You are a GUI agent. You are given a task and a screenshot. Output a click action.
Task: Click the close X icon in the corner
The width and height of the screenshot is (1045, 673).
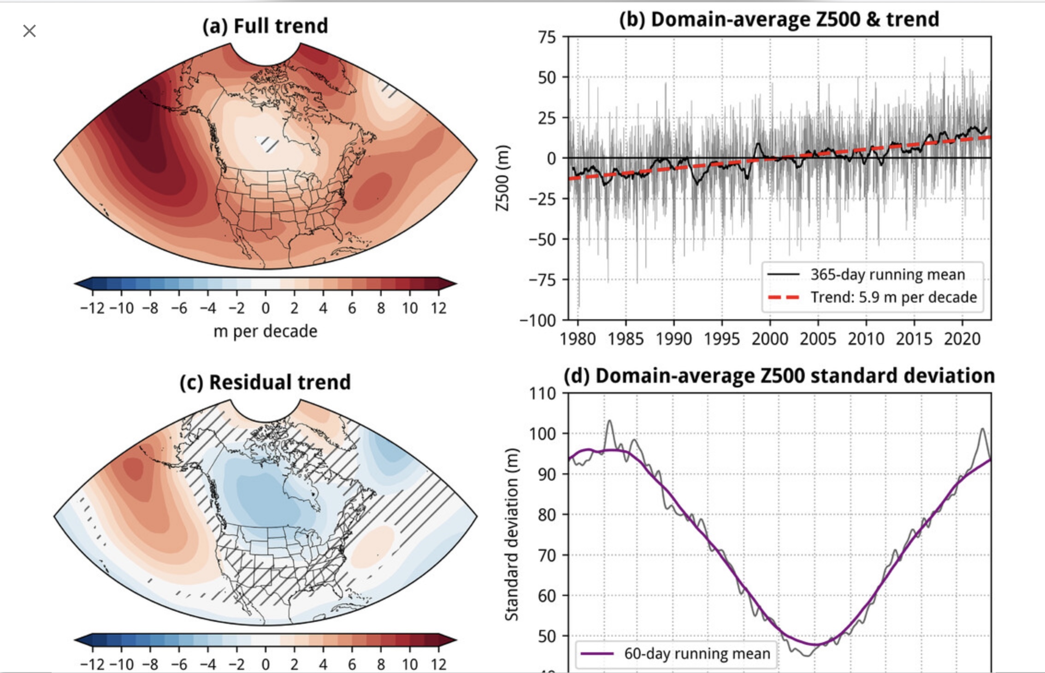[30, 31]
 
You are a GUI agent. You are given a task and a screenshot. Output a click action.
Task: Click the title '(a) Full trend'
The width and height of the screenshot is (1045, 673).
[265, 26]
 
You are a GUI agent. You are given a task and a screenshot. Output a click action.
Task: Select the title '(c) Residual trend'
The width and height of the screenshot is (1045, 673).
[265, 382]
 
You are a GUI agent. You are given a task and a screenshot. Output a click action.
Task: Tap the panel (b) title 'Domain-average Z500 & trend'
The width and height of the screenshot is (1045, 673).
[779, 19]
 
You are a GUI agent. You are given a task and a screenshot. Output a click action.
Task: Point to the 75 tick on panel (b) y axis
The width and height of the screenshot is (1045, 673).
[547, 37]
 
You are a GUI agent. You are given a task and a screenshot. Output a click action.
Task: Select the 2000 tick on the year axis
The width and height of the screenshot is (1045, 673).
[770, 339]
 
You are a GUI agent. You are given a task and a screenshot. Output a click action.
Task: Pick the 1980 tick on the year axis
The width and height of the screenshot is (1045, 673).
[578, 339]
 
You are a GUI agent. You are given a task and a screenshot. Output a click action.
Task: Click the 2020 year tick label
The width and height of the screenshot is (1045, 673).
[962, 339]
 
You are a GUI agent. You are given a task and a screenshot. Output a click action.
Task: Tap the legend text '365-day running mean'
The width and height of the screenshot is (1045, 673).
[887, 274]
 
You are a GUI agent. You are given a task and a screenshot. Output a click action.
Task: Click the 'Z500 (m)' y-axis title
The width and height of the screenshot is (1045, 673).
[503, 178]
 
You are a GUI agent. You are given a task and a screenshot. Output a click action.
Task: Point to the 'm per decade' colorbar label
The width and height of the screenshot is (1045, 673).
[265, 331]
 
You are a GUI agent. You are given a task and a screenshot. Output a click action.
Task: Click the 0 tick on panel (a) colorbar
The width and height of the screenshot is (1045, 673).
[266, 308]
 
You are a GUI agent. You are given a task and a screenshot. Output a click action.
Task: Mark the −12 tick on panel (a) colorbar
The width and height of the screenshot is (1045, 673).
[92, 308]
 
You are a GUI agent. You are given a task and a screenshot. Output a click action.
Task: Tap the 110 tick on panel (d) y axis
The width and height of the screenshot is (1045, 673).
[543, 393]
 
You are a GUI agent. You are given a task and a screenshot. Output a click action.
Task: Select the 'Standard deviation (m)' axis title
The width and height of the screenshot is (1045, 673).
[511, 535]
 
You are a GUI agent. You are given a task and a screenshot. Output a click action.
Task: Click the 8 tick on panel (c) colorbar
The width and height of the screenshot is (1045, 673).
[381, 665]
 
